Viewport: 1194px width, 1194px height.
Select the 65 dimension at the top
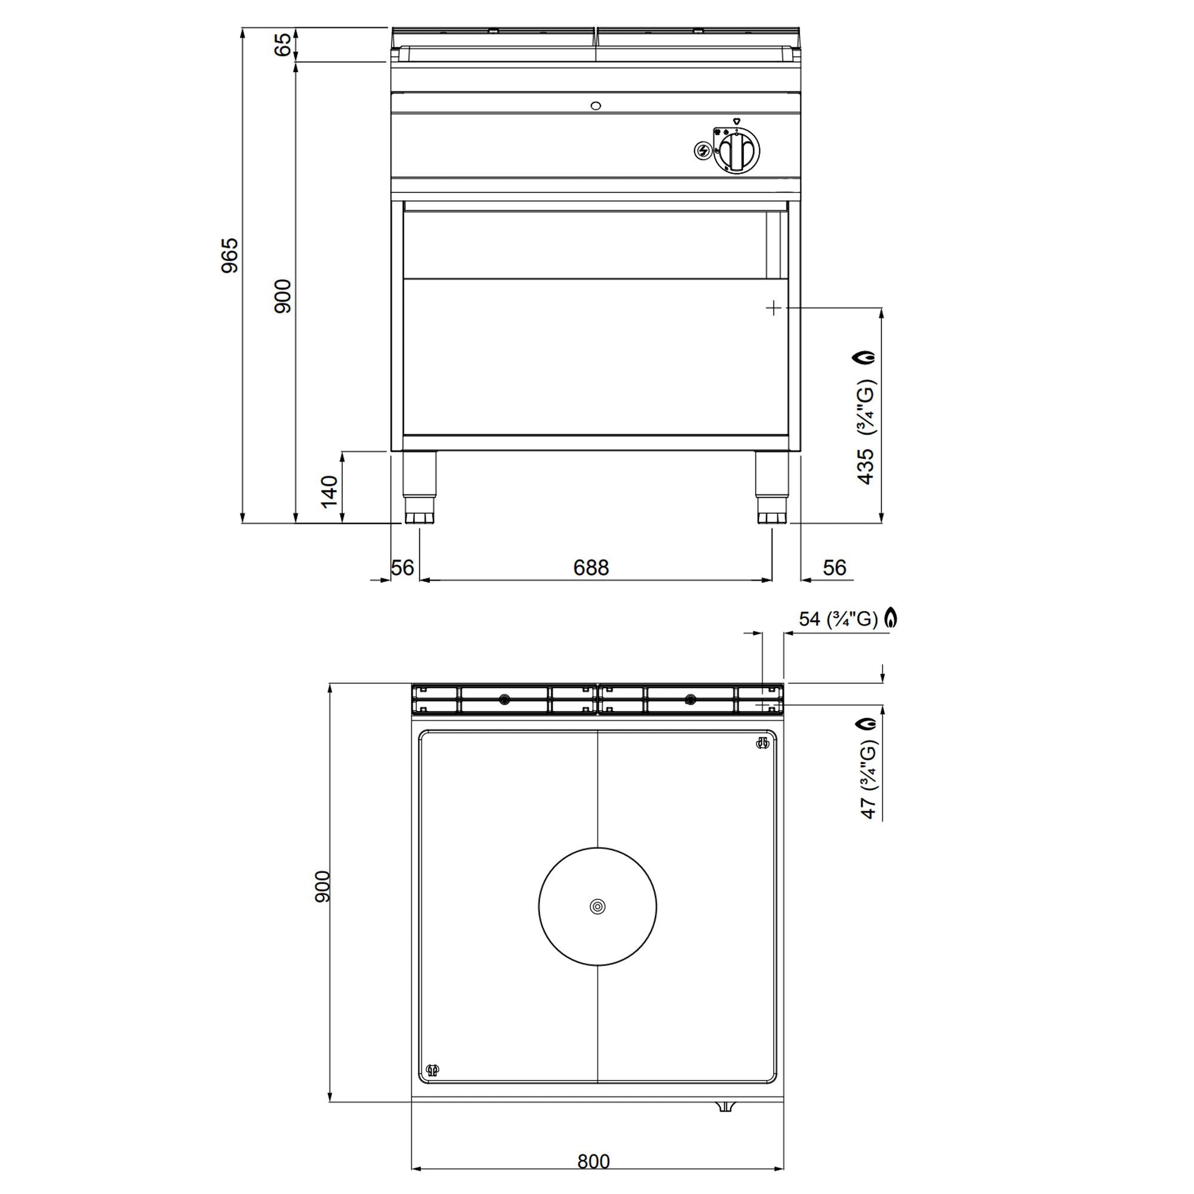282,45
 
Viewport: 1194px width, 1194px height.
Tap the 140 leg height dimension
330,491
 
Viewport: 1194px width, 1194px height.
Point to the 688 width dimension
591,567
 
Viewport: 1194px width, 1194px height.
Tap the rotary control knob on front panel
737,151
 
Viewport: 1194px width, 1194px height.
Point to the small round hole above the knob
596,106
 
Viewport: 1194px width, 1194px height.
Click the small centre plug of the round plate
597,907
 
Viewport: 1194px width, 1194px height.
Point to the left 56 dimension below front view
402,567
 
